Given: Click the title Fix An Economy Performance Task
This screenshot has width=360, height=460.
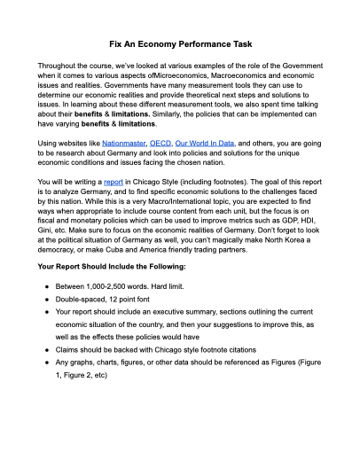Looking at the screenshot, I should (180, 43).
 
